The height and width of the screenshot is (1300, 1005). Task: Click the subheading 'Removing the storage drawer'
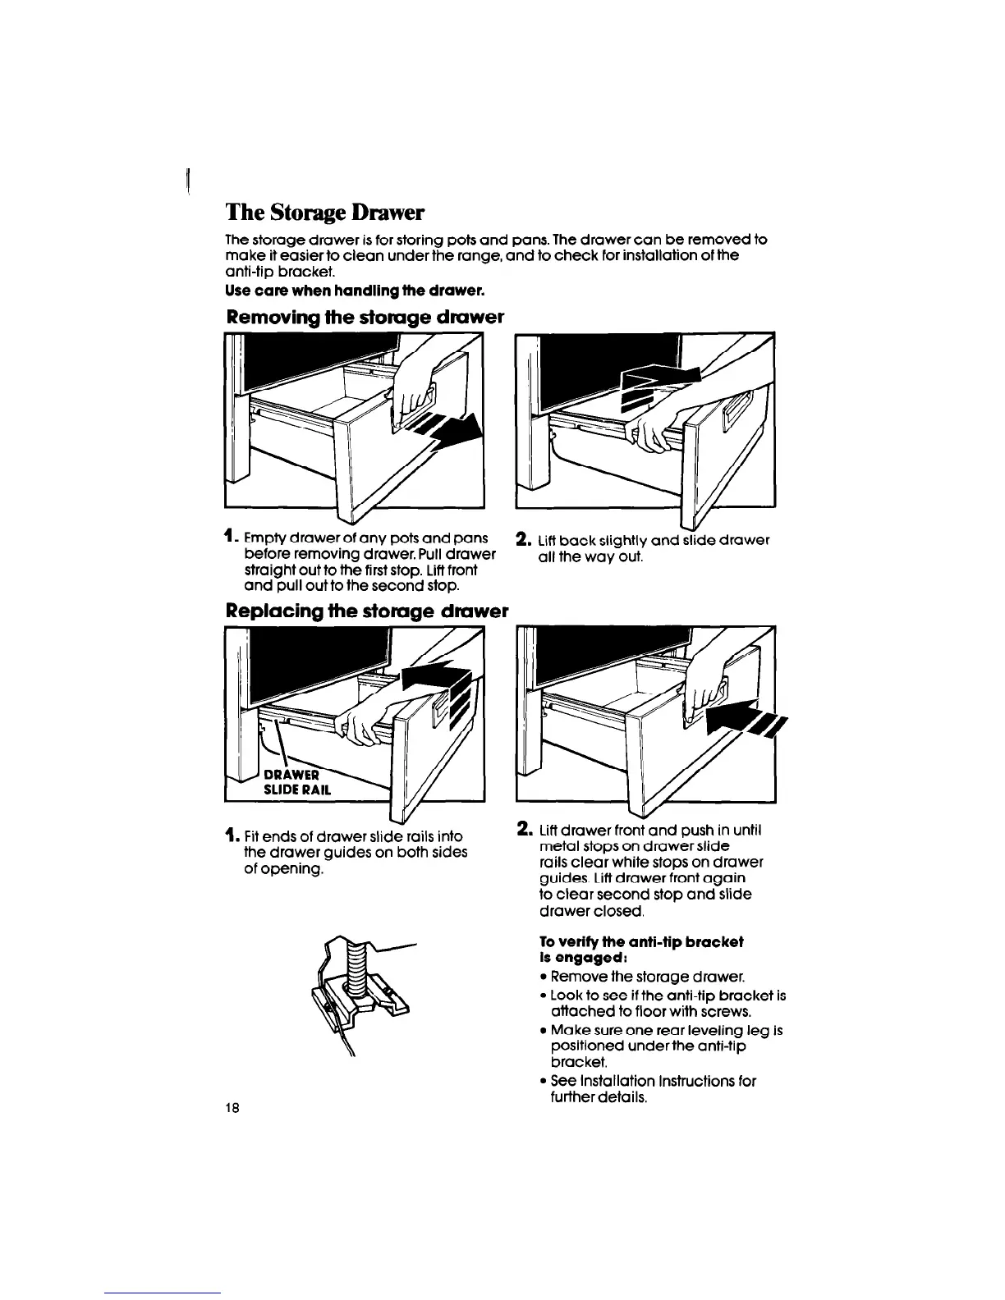point(364,317)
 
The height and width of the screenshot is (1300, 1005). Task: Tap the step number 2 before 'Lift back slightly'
point(521,540)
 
